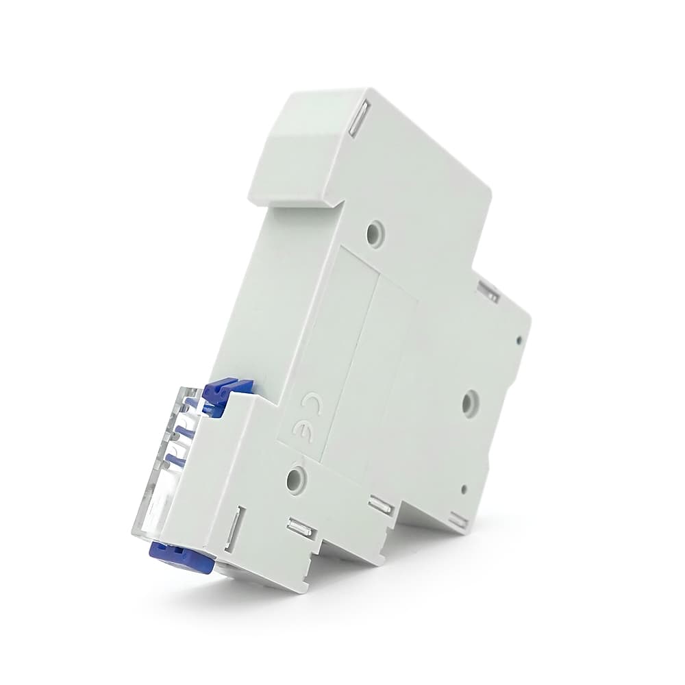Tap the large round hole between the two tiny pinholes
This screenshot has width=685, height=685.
pyautogui.click(x=471, y=400)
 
